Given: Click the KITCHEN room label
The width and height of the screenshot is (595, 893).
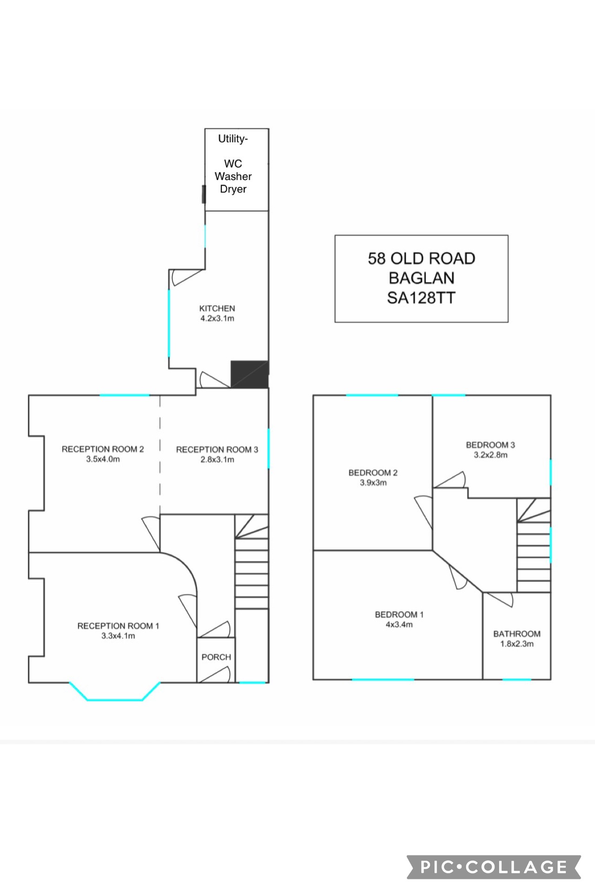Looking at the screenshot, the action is tap(217, 308).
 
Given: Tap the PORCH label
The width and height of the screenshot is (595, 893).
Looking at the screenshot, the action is tap(216, 657).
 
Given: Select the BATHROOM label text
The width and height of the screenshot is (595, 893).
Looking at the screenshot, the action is tap(517, 634).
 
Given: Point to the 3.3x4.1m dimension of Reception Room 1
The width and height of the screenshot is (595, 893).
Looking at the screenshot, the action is tap(118, 636).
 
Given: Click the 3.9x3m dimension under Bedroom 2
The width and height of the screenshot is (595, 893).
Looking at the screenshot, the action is tap(373, 483).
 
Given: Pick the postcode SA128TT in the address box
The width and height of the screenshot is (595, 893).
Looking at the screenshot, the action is tap(421, 298).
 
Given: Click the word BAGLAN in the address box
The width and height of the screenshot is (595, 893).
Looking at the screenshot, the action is tap(422, 278).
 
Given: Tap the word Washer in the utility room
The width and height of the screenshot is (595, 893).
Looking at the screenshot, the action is tap(233, 176).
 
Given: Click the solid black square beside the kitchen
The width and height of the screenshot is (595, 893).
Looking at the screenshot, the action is tap(250, 374).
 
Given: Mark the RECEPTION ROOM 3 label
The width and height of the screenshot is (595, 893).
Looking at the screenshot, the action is tap(217, 449).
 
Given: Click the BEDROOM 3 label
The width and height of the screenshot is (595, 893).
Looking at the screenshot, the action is tap(490, 445).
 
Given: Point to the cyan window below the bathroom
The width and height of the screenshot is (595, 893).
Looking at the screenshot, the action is tap(516, 680).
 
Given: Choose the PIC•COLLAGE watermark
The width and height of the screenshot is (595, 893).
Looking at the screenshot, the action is tap(494, 867).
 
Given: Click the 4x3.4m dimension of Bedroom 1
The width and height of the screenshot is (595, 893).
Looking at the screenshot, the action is tap(399, 625).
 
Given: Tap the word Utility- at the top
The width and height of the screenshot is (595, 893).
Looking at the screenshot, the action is tap(233, 139).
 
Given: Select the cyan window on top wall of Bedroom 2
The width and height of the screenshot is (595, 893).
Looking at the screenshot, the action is tap(372, 395).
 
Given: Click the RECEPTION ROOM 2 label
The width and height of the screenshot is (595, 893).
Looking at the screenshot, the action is tap(103, 449).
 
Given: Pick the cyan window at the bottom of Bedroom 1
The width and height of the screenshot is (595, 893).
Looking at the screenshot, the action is tap(383, 680).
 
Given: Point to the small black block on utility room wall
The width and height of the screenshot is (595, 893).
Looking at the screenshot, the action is tap(204, 194).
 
